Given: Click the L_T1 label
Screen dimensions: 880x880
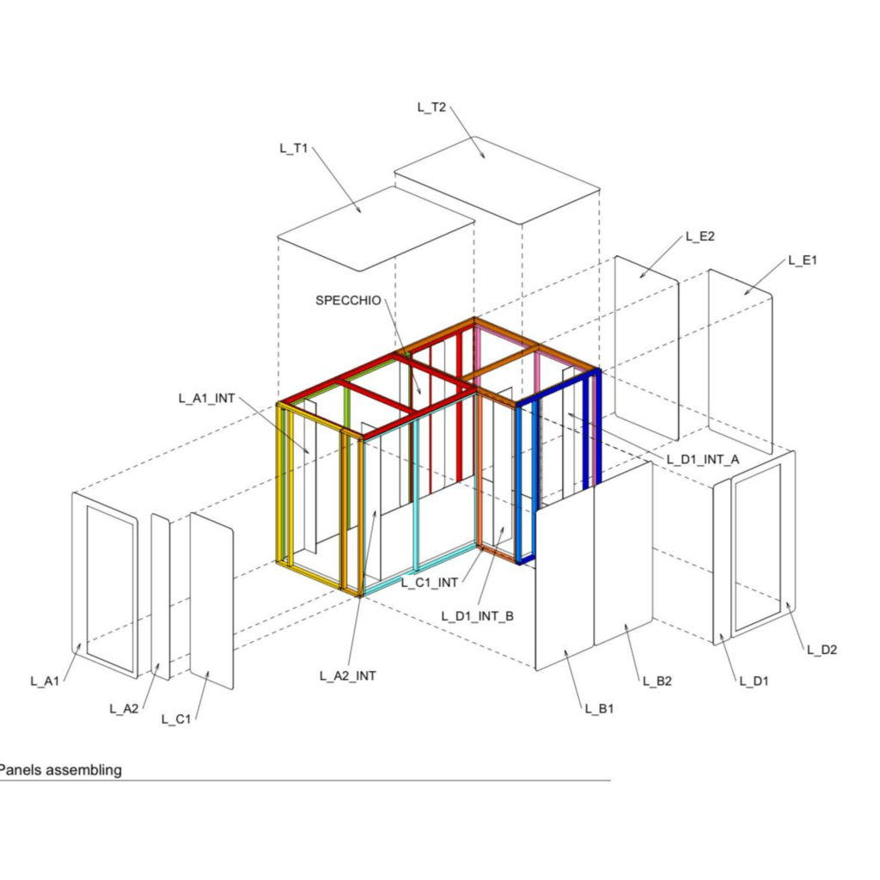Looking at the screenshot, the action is [x=294, y=148].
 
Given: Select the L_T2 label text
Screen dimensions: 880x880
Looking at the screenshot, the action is [x=431, y=107].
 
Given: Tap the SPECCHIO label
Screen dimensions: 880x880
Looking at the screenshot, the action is [x=348, y=300].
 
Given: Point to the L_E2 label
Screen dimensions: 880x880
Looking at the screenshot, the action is [x=700, y=236].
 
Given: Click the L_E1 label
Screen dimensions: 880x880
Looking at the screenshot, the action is [x=803, y=260].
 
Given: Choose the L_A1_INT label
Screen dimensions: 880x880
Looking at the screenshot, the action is [x=206, y=399].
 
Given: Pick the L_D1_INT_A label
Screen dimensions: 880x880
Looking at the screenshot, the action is [x=703, y=460].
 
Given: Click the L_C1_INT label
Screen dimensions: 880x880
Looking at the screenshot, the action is [x=430, y=584].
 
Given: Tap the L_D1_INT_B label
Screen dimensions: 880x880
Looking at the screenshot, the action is [x=477, y=616].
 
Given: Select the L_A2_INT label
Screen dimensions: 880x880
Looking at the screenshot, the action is [x=348, y=676].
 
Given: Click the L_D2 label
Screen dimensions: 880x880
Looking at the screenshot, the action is [x=822, y=650].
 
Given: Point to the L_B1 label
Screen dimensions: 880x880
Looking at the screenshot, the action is [x=599, y=709].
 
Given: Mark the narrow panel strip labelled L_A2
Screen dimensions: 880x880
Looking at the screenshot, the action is [x=161, y=597].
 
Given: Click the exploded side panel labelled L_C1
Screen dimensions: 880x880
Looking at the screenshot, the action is [x=211, y=601].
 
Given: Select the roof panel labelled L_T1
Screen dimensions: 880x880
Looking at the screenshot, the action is [x=376, y=229].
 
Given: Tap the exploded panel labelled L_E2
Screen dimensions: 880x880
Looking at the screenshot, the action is [x=647, y=349].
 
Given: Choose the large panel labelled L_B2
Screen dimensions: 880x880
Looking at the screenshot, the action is [x=624, y=553].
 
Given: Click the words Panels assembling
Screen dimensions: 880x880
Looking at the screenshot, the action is [x=60, y=770].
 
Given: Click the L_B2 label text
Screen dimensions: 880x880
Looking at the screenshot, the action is [x=657, y=681].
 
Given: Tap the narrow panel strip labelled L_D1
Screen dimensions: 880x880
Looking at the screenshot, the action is [x=722, y=562].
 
